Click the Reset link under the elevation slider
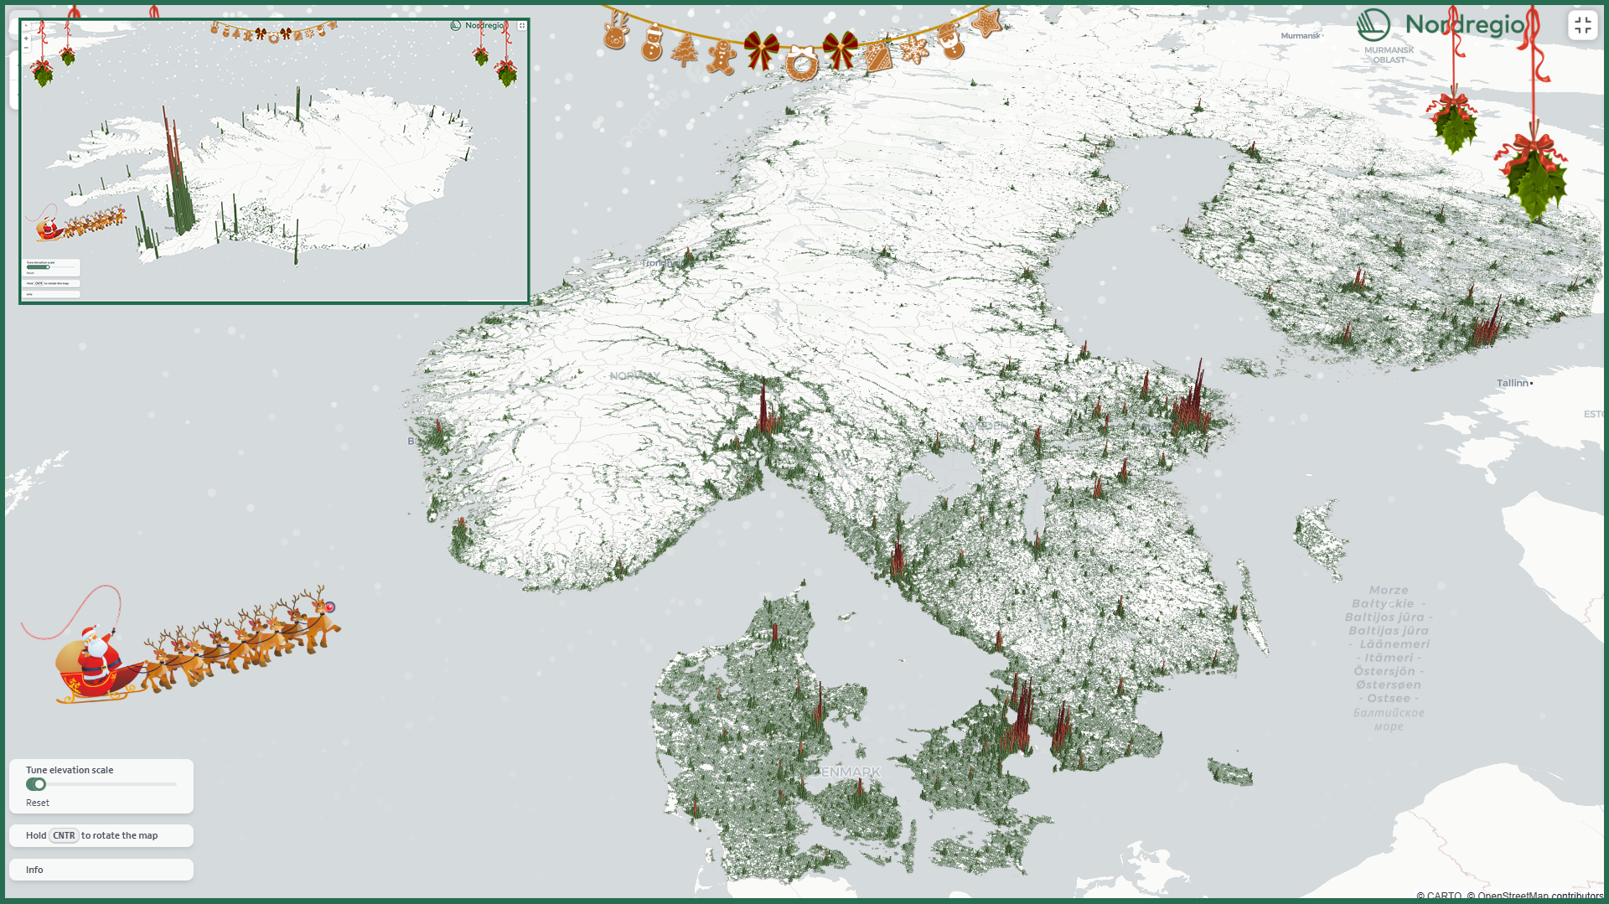(x=38, y=803)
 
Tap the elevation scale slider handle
(x=38, y=784)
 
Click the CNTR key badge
(x=64, y=835)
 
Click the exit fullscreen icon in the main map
(x=1582, y=26)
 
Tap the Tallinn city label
(x=1513, y=383)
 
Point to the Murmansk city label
(x=1300, y=35)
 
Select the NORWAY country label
(x=634, y=375)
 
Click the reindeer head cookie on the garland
(x=616, y=32)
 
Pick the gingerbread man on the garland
(x=720, y=57)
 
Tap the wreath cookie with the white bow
(x=801, y=64)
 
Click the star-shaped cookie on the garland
(x=986, y=22)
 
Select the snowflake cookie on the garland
(x=914, y=49)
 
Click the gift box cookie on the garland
(x=878, y=57)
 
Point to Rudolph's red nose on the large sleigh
(x=330, y=607)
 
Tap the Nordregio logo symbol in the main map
(x=1374, y=25)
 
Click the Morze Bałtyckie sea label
(x=1387, y=597)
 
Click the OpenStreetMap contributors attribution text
(x=1539, y=896)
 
